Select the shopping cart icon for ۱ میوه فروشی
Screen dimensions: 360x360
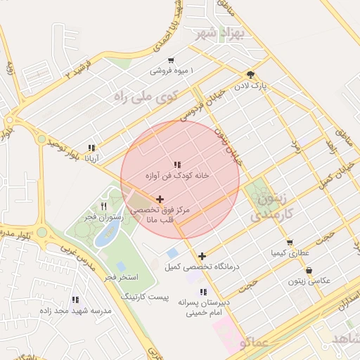pyautogui.click(x=171, y=60)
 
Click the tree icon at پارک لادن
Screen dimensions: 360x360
pyautogui.click(x=251, y=74)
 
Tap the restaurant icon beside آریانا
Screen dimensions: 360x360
pyautogui.click(x=91, y=148)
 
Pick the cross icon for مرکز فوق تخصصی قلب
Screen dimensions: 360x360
pyautogui.click(x=160, y=200)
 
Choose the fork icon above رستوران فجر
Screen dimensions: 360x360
pyautogui.click(x=104, y=207)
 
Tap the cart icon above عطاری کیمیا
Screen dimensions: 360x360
pyautogui.click(x=290, y=243)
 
